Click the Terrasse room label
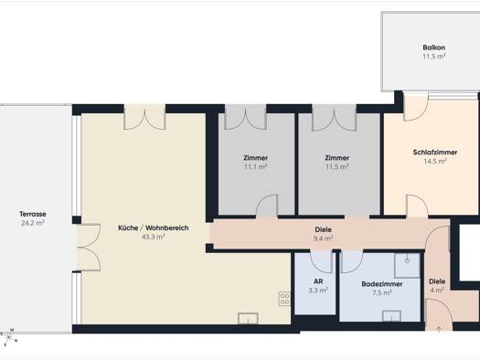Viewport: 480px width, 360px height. tap(33, 214)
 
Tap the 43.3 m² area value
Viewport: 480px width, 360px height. tap(154, 237)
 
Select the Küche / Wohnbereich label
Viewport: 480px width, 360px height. tap(154, 228)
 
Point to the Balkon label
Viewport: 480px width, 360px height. tap(433, 48)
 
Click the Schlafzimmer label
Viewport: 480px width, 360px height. tap(435, 153)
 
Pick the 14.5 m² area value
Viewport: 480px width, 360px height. tap(435, 161)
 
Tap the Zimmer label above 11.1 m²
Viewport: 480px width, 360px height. tap(256, 158)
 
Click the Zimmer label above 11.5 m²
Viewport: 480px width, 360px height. tap(337, 158)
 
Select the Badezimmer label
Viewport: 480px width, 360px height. tap(382, 284)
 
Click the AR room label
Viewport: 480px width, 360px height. tap(318, 281)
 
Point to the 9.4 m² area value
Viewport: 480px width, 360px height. tap(324, 238)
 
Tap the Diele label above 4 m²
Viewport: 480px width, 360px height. tap(437, 281)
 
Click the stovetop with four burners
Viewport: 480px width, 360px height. tap(284, 299)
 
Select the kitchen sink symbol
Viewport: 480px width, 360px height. tap(248, 318)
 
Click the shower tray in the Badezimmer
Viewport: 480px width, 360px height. tap(407, 266)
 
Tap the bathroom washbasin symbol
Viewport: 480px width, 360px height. tap(391, 315)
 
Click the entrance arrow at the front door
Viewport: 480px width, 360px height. tap(439, 329)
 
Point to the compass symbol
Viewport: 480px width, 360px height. tap(8, 337)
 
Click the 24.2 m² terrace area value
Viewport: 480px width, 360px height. tap(33, 223)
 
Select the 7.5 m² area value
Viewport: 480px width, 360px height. tap(382, 293)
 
